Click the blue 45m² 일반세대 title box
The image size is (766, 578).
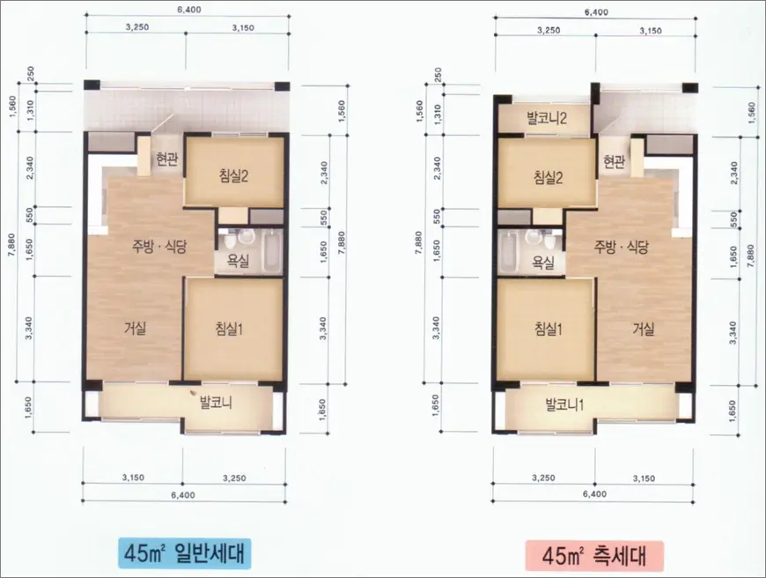(x=184, y=553)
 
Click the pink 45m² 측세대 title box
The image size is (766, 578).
(x=594, y=555)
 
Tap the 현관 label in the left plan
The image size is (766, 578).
(x=167, y=159)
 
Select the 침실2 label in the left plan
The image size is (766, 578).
(x=233, y=175)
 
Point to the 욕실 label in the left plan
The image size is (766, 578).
(x=238, y=260)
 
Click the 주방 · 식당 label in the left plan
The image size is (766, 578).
(x=159, y=247)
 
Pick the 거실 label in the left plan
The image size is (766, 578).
(x=136, y=328)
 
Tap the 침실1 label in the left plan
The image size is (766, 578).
(x=229, y=329)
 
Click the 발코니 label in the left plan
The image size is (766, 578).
(x=216, y=403)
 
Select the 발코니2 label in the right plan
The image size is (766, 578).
(x=547, y=118)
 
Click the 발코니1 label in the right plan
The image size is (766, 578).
(x=564, y=405)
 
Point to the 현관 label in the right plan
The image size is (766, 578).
(x=614, y=161)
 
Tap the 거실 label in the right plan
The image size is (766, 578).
(x=644, y=329)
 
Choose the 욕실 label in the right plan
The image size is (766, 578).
(x=543, y=263)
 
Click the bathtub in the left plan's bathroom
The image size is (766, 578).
(x=272, y=251)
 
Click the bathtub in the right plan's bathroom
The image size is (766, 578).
(x=509, y=253)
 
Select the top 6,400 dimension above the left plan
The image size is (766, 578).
(x=189, y=10)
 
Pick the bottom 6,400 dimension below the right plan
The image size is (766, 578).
(x=594, y=494)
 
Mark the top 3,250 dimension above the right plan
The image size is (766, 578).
(x=549, y=30)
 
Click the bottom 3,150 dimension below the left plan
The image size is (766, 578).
(x=133, y=478)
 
